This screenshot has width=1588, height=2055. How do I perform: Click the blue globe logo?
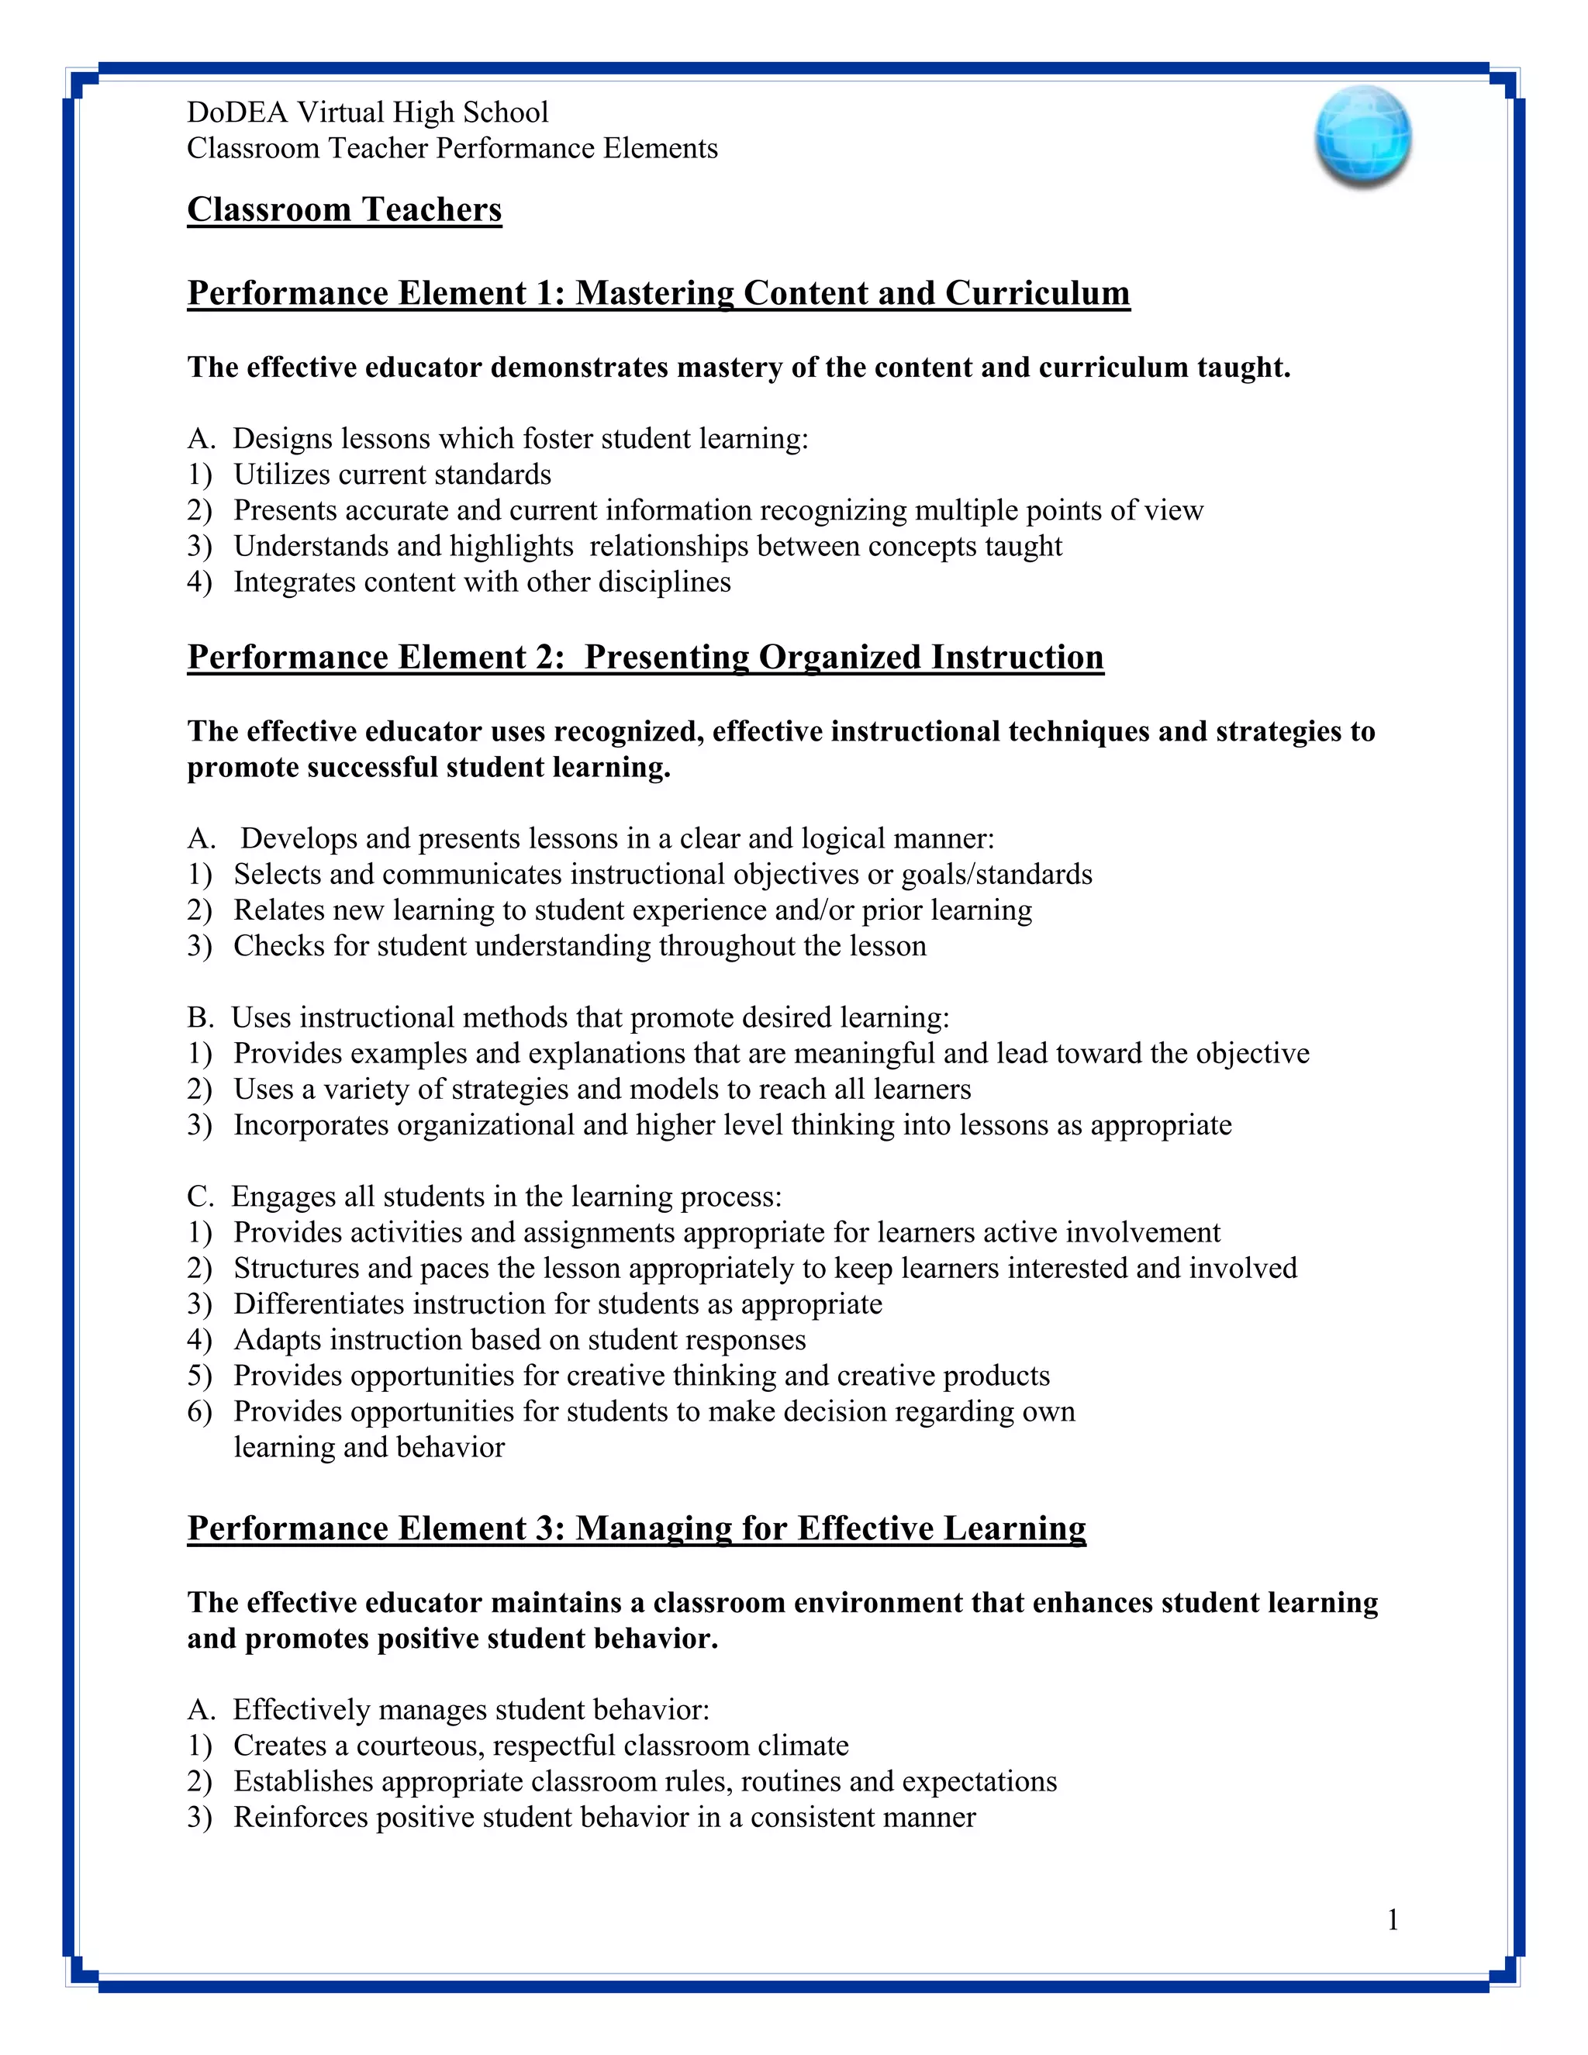[x=1362, y=136]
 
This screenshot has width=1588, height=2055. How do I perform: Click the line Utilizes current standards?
[x=392, y=475]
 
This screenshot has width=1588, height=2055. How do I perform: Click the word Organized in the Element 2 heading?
[x=840, y=657]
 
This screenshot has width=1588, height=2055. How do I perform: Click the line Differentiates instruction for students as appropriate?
[x=557, y=1304]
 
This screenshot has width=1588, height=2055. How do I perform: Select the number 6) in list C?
[x=199, y=1411]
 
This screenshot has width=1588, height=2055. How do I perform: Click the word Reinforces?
[x=300, y=1817]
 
